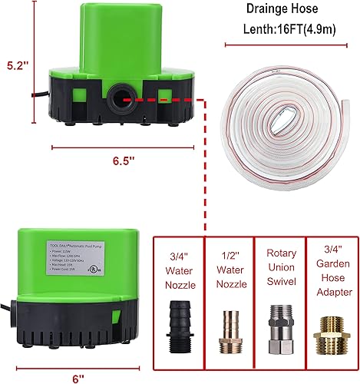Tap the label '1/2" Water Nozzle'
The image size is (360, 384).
pyautogui.click(x=230, y=270)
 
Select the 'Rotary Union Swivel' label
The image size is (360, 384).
pyautogui.click(x=279, y=270)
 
